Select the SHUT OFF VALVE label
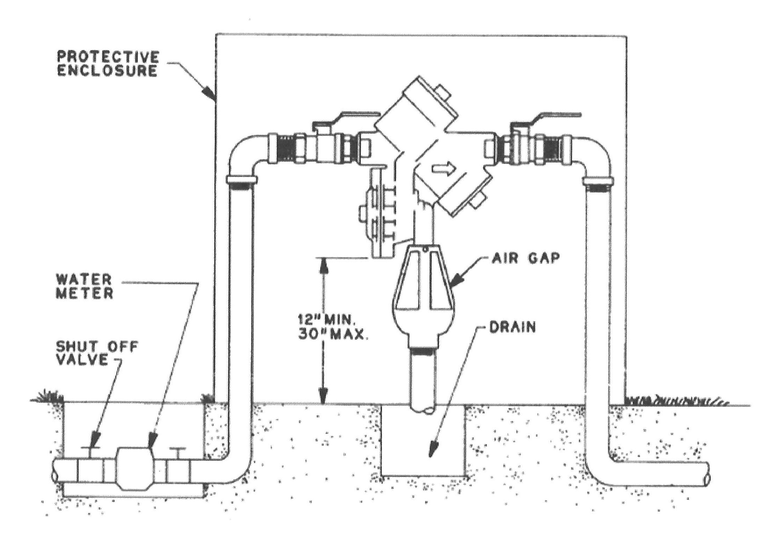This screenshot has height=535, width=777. point(97,353)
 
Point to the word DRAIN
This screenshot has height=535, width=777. point(512,328)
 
